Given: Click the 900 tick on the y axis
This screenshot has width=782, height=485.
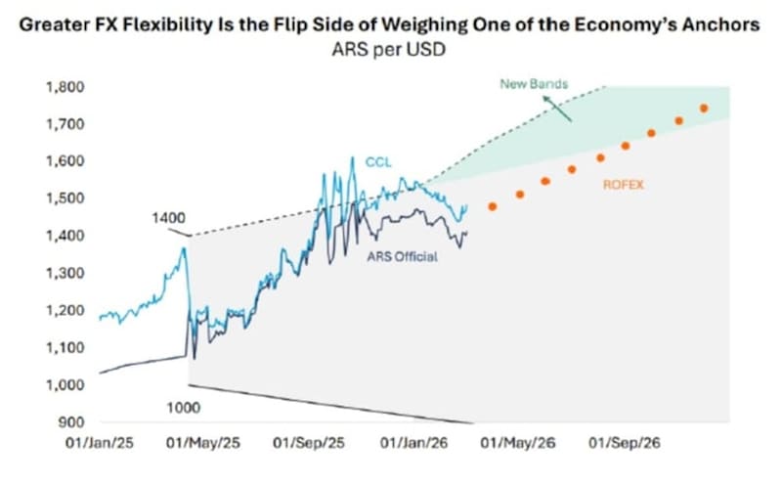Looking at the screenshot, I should click(x=69, y=422).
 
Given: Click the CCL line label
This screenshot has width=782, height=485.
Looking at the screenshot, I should click(x=378, y=161).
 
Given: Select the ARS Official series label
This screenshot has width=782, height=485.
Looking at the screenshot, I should click(x=401, y=257).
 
